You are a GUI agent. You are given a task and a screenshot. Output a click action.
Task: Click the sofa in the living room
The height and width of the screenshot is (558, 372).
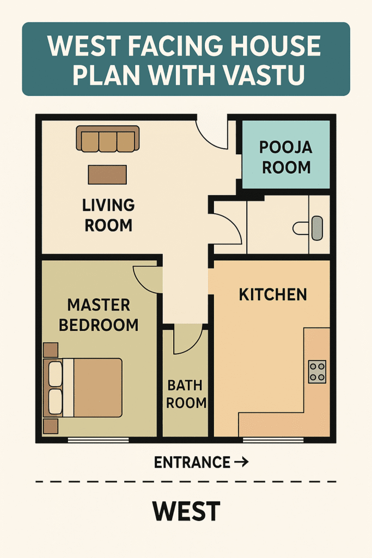[x=108, y=139]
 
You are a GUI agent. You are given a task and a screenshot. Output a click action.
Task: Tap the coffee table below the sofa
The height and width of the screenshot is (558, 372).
[x=107, y=174]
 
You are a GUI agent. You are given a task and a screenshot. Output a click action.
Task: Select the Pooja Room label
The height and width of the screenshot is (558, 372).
[x=286, y=157]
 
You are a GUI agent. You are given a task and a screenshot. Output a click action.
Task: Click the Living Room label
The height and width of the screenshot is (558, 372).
[x=108, y=215]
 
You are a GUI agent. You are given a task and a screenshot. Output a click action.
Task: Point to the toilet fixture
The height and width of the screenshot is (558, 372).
[x=308, y=228]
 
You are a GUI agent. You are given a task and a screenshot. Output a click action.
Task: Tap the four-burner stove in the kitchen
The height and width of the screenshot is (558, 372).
[x=317, y=372]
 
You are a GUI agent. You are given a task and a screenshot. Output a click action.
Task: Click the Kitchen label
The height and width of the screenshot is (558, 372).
[x=273, y=295]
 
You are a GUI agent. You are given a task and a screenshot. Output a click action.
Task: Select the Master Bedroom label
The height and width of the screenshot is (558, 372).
[x=99, y=315]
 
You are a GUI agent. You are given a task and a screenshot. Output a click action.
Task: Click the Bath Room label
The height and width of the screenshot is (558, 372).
[x=186, y=394]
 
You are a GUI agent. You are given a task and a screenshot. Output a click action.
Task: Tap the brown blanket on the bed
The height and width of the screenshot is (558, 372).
[x=98, y=387]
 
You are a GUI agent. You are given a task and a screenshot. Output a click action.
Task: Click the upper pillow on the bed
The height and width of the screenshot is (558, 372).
[x=56, y=374]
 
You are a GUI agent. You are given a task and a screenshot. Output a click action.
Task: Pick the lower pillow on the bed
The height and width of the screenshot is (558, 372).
[x=56, y=402]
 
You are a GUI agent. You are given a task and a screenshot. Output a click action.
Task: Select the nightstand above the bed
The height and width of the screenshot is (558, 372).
[x=51, y=350]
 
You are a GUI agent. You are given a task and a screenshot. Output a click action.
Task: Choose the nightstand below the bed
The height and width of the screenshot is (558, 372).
[x=51, y=426]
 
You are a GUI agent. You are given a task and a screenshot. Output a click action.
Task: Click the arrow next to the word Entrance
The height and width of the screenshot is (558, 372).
[x=241, y=462]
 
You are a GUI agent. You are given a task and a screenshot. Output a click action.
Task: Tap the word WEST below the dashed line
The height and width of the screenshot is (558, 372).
[x=186, y=511]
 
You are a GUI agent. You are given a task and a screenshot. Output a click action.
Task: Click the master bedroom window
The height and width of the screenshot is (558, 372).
[x=98, y=440]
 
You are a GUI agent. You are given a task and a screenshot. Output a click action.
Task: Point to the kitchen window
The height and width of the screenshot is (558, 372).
[x=273, y=440]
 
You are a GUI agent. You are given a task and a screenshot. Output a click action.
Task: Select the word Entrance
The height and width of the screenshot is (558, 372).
[x=192, y=462]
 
